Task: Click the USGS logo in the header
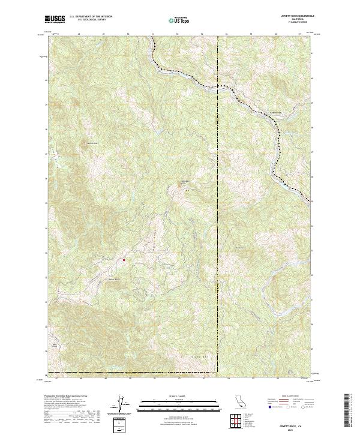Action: point(55,19)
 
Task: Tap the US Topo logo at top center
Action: point(180,20)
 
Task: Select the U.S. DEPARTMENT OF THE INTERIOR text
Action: point(91,17)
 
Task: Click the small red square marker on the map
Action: point(124,260)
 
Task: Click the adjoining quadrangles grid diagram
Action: point(238,422)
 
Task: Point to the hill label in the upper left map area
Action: point(91,143)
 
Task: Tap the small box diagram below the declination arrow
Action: point(121,424)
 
